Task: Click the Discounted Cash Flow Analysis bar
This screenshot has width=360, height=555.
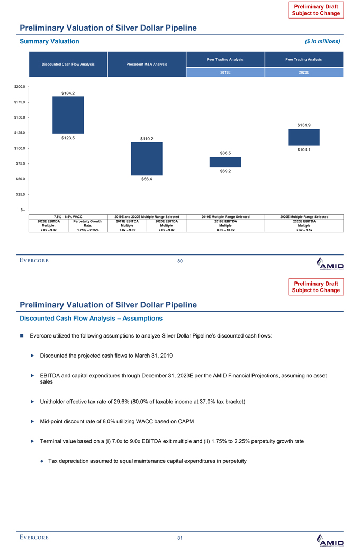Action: point(68,115)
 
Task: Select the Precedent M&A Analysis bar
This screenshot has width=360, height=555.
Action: point(147,158)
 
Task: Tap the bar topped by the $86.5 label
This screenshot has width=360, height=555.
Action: point(225,162)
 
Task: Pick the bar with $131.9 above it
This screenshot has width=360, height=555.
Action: point(303,137)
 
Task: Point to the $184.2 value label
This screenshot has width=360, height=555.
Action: point(68,93)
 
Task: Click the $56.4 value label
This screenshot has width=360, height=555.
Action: point(147,179)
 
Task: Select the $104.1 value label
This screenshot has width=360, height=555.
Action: point(303,150)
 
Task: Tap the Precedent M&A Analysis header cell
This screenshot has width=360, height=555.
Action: point(147,65)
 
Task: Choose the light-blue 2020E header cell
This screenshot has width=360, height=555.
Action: point(303,74)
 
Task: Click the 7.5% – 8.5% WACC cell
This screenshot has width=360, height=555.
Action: point(67,216)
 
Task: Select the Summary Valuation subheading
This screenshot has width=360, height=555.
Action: point(49,41)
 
